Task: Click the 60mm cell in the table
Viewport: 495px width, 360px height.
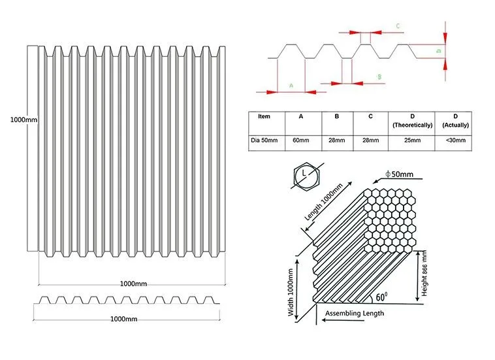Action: [x=301, y=140]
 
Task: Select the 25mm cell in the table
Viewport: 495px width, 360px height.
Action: [x=411, y=140]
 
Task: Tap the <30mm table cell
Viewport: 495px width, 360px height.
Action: [x=456, y=140]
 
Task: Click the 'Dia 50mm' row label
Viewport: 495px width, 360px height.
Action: [x=264, y=140]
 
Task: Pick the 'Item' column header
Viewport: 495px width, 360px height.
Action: [x=264, y=116]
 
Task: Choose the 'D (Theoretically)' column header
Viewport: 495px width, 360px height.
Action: [x=411, y=120]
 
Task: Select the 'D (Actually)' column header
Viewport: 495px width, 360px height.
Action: [x=456, y=120]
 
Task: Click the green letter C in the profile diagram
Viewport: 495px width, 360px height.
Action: [x=398, y=26]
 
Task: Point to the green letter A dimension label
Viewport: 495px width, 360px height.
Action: [x=291, y=85]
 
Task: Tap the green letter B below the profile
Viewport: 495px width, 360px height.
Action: [x=379, y=76]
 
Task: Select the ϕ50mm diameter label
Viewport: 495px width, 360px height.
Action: [x=400, y=174]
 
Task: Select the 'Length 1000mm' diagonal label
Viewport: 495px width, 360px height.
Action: [x=324, y=203]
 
